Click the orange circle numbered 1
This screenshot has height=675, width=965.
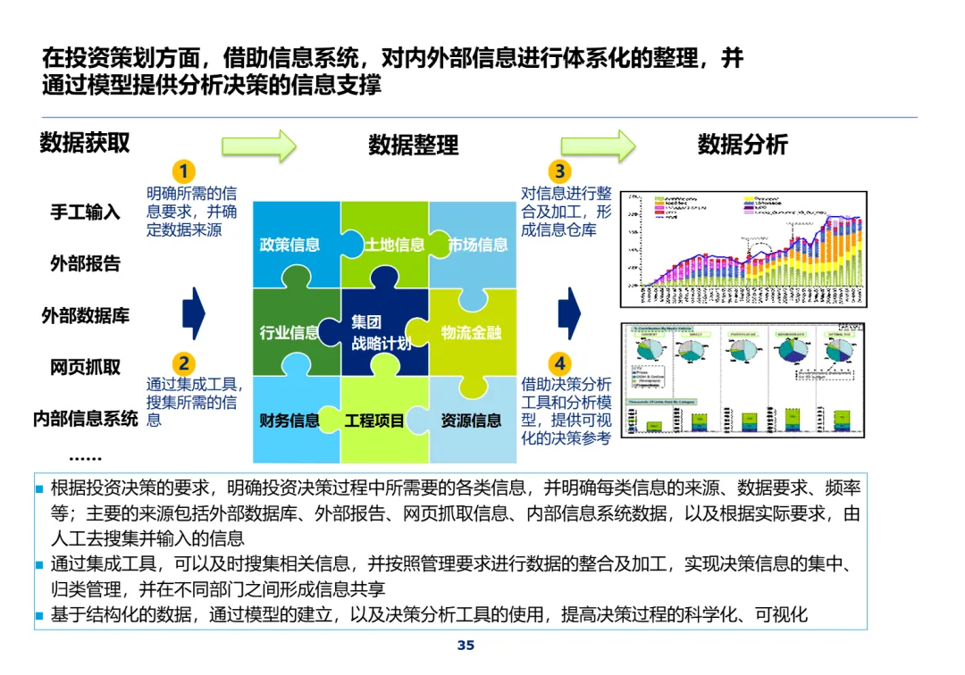click(184, 171)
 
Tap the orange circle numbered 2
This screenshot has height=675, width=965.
click(184, 363)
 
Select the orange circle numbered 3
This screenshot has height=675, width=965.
click(560, 171)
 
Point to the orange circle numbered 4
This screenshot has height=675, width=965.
click(560, 363)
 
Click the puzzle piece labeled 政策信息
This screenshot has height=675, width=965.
click(289, 244)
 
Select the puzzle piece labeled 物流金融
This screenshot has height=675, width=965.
click(472, 332)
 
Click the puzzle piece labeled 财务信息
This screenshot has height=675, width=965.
click(289, 421)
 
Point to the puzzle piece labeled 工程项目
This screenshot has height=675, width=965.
click(375, 421)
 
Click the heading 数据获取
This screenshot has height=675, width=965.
click(85, 143)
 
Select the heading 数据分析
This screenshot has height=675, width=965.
click(743, 145)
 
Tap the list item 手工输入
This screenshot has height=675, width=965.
click(85, 212)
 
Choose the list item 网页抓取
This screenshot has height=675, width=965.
click(85, 367)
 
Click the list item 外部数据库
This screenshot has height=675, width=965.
click(85, 315)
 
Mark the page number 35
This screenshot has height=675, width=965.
click(466, 646)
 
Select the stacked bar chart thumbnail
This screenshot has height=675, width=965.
click(743, 248)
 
